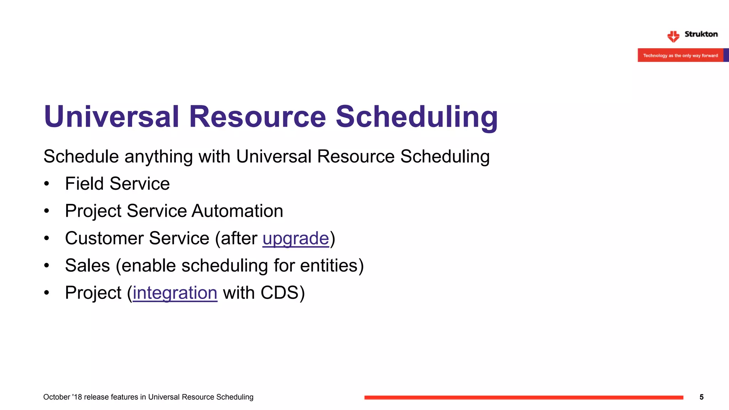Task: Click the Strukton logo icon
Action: tap(673, 36)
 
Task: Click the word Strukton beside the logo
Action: tap(701, 34)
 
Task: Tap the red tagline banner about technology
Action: tap(680, 56)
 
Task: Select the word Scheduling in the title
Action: tap(416, 117)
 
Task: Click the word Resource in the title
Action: tap(257, 117)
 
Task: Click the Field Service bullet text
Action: tap(117, 184)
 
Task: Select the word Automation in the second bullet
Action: tap(237, 211)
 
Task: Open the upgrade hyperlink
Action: tap(295, 238)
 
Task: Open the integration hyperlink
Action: tap(175, 293)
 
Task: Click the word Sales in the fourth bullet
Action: tap(88, 266)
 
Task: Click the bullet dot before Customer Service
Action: tap(47, 238)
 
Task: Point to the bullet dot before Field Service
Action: tap(47, 184)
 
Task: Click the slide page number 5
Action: tap(701, 397)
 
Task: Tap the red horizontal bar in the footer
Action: tap(523, 397)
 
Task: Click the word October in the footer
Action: tap(56, 397)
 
